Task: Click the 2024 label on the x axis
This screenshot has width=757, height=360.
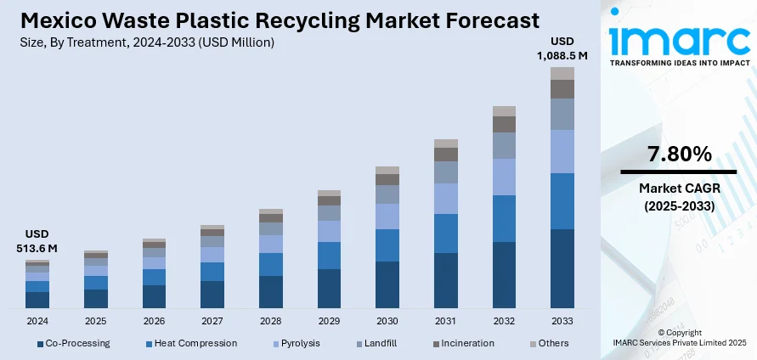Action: point(37,322)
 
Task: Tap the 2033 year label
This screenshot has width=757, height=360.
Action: point(562,322)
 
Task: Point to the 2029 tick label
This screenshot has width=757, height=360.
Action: point(329,322)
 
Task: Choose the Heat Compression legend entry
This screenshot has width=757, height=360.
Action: point(191,343)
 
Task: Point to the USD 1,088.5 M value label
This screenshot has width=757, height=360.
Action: point(562,48)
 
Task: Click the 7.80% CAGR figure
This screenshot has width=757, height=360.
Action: point(679,155)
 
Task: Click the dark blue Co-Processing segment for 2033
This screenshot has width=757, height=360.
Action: point(562,268)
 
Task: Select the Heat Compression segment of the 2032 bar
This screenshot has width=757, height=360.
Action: point(504,218)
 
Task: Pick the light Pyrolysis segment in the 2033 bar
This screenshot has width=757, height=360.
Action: point(562,151)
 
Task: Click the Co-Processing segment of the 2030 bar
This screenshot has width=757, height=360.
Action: point(387,284)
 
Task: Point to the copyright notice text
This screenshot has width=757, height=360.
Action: point(680,337)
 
